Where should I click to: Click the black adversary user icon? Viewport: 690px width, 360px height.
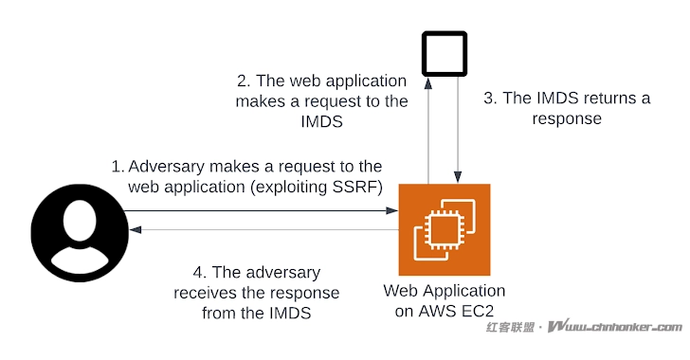pos(80,231)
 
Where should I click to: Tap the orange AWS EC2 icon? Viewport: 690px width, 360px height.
pos(445,228)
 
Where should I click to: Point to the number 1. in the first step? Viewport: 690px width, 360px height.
pos(118,166)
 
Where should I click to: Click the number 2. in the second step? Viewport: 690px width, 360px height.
pos(244,81)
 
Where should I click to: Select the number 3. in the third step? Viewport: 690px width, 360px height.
pos(490,98)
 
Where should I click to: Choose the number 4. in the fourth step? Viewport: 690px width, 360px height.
pos(191,272)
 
